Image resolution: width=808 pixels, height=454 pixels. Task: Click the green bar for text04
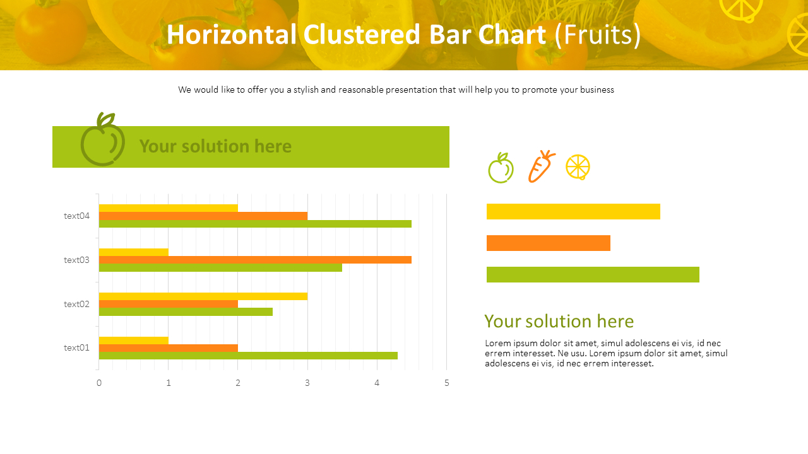(255, 224)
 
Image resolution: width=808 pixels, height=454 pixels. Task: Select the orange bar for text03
(255, 260)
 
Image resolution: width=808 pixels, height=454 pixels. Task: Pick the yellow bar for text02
(203, 296)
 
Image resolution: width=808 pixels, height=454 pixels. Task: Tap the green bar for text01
(248, 356)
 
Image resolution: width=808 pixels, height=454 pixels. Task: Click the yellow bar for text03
(134, 252)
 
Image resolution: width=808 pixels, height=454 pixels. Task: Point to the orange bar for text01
(168, 348)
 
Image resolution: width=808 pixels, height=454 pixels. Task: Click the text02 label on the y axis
(76, 304)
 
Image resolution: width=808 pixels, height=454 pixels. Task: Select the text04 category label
(76, 216)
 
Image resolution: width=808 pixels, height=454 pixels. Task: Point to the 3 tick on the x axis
(307, 383)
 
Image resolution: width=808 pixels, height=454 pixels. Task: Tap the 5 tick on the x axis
(447, 383)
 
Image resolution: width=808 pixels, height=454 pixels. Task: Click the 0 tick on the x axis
(99, 383)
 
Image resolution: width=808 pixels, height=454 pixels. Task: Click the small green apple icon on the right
(501, 168)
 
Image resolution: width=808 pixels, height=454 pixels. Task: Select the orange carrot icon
(541, 166)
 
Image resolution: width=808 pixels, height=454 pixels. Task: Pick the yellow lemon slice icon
(578, 167)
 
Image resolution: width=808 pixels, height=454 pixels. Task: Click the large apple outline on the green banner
(102, 141)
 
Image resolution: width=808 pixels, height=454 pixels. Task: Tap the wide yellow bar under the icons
(573, 211)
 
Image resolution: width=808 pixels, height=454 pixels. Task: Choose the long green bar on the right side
(593, 274)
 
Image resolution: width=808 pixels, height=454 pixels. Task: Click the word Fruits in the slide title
(597, 35)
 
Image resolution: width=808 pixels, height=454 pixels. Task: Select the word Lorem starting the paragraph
(497, 344)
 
